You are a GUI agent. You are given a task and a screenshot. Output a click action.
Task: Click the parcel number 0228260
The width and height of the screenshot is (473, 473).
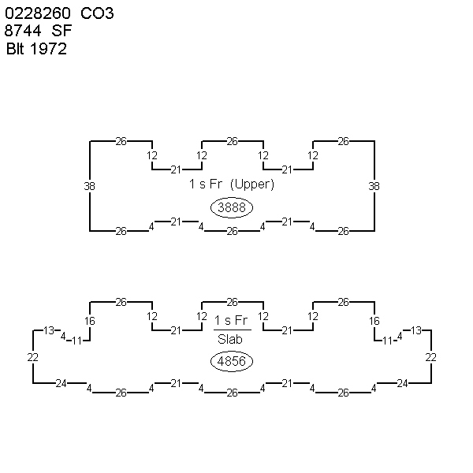[38, 13]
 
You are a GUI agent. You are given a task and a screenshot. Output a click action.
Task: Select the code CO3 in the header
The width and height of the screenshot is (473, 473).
[97, 13]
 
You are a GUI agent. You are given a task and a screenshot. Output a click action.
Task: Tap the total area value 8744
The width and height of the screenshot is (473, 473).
[23, 31]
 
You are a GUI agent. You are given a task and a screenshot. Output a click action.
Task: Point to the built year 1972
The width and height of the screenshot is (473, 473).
[49, 49]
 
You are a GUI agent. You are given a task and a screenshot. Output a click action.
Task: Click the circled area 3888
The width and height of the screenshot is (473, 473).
[231, 207]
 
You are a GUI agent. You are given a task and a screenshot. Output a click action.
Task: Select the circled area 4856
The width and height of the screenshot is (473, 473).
[231, 361]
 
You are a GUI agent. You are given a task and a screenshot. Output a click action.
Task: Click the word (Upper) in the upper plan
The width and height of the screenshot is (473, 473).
[252, 184]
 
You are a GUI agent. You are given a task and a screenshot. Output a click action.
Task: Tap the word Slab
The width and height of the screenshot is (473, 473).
[230, 339]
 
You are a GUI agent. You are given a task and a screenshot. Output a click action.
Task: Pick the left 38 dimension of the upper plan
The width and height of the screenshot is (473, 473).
[89, 186]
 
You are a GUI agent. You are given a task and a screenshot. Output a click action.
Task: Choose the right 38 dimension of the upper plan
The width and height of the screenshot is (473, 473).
[374, 186]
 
